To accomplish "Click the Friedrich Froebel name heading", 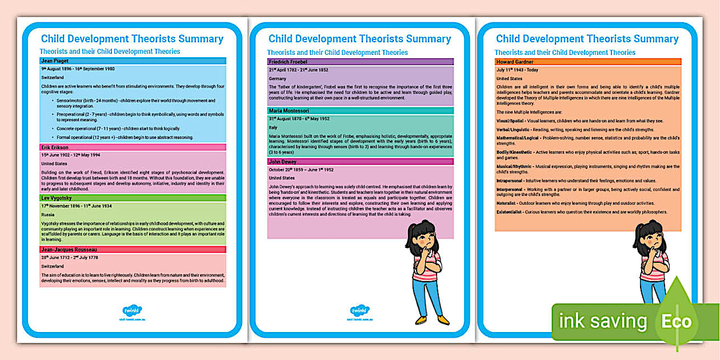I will point(288,62).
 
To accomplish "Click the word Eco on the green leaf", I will point(677,321).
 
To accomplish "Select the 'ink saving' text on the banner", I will point(603,321).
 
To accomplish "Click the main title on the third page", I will point(587,39).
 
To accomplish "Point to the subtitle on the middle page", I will point(337,53).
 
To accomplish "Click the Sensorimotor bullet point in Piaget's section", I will point(71,101).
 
